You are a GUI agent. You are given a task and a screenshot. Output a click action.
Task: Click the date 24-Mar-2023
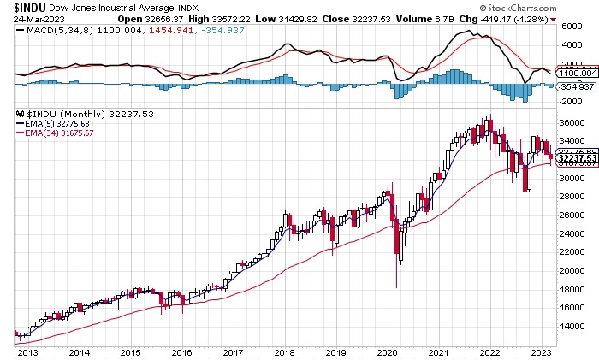(27, 18)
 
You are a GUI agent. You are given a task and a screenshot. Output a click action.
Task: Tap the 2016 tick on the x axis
(181, 351)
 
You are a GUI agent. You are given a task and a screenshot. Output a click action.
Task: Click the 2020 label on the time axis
(388, 351)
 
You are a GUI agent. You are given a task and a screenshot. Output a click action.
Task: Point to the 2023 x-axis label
(541, 351)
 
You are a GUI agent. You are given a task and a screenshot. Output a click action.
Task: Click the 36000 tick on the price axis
(572, 122)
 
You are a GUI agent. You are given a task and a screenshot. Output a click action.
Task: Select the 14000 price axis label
(572, 326)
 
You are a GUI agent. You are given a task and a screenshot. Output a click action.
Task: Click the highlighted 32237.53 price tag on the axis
(572, 158)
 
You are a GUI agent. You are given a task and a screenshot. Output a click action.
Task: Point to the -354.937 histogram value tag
(572, 87)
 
